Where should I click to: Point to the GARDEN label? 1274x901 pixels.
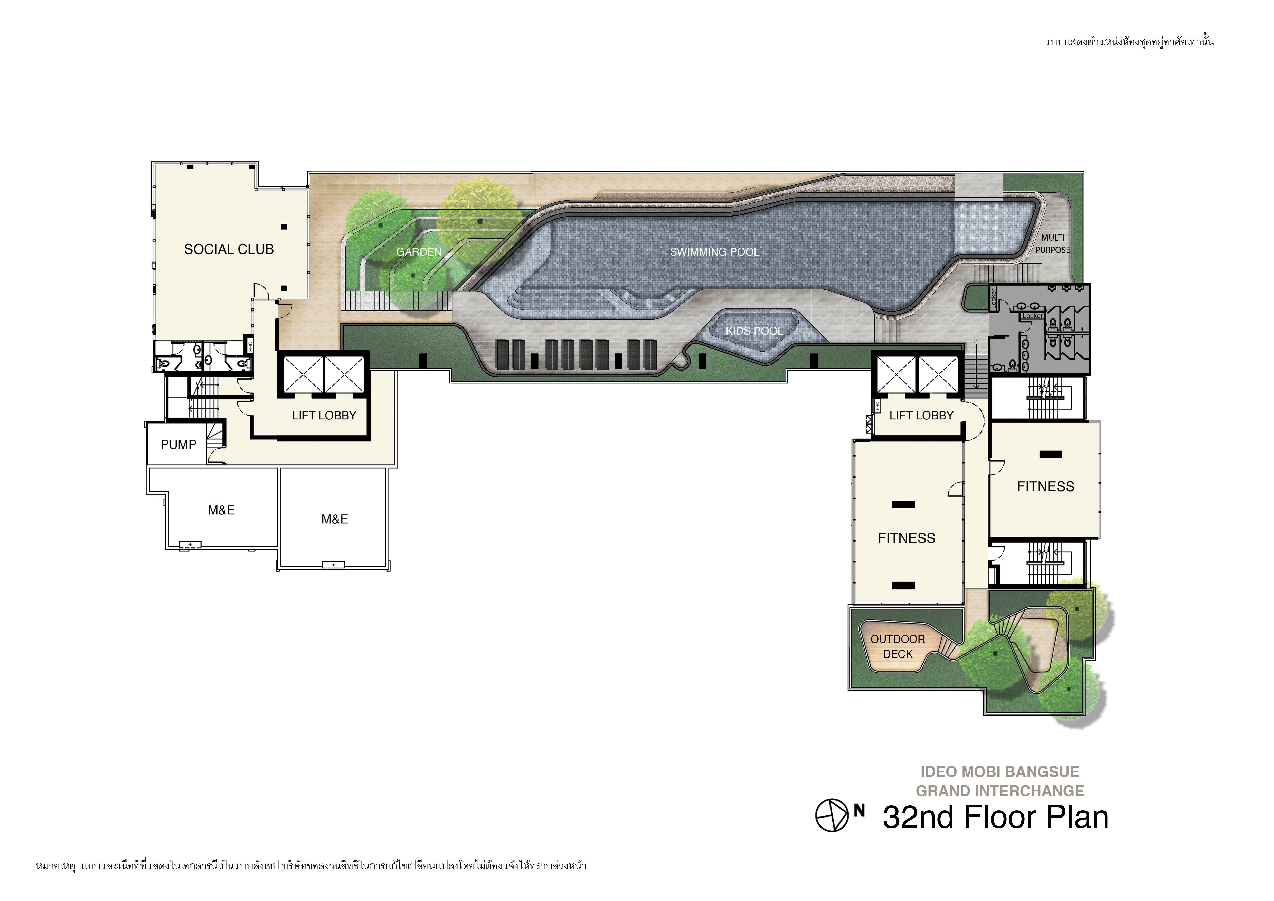point(419,252)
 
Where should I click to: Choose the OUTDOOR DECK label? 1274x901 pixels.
point(898,646)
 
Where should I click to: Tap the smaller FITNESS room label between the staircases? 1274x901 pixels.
point(1045,486)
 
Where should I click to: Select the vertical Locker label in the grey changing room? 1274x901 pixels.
point(993,298)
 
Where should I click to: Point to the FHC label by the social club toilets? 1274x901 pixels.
point(250,346)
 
